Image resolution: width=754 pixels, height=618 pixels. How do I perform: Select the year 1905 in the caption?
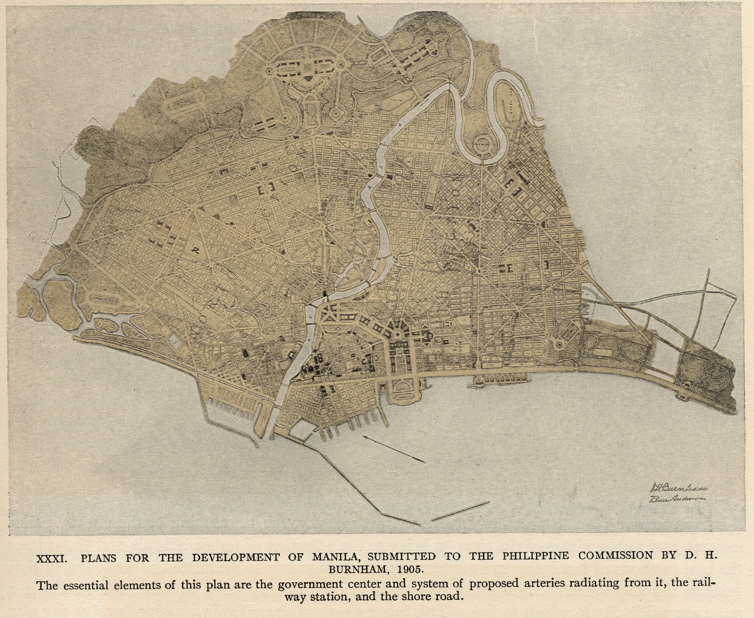(410, 568)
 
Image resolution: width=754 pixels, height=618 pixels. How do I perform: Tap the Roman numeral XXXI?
(52, 558)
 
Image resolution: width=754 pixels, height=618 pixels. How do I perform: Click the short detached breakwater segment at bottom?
(463, 510)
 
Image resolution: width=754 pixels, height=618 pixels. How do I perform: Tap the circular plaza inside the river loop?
(482, 144)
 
